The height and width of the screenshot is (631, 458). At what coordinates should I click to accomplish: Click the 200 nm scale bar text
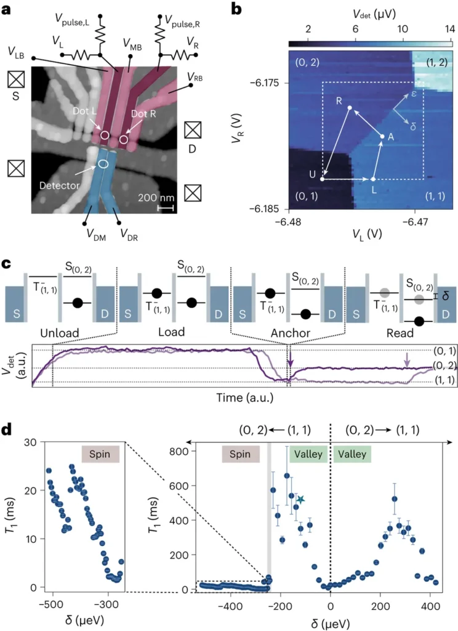(x=156, y=198)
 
